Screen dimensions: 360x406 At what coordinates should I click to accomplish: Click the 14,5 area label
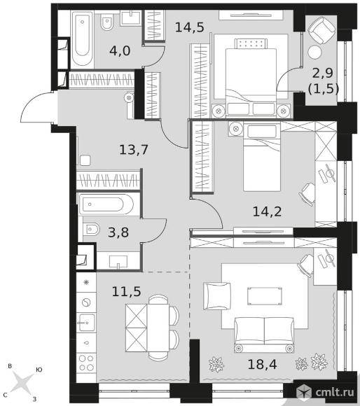tap(190, 27)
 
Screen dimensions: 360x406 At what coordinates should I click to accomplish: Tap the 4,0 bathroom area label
tap(120, 50)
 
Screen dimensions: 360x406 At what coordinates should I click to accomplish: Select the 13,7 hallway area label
tap(134, 150)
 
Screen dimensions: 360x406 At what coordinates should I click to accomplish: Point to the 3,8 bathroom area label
tap(118, 232)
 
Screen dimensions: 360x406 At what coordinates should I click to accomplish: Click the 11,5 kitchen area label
tap(126, 291)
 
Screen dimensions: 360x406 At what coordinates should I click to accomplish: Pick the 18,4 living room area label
tap(263, 364)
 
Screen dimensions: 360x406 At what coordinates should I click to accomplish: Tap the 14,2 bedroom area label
tap(267, 212)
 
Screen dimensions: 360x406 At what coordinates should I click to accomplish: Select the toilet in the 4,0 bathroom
tap(106, 22)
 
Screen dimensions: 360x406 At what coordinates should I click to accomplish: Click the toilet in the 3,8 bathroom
tap(92, 229)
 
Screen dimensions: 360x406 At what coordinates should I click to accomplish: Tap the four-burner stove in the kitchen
tap(86, 363)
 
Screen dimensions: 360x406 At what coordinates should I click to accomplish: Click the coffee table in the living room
tap(265, 296)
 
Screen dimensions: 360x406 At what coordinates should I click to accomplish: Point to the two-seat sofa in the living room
tap(264, 335)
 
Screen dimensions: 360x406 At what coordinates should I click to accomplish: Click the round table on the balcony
tap(314, 52)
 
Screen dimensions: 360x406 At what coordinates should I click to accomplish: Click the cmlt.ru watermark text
tap(334, 392)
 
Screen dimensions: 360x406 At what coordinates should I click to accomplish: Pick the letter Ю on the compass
tap(39, 370)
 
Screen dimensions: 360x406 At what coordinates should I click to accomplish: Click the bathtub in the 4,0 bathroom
tap(83, 39)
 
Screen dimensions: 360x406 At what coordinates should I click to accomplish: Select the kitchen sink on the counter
tap(86, 323)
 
